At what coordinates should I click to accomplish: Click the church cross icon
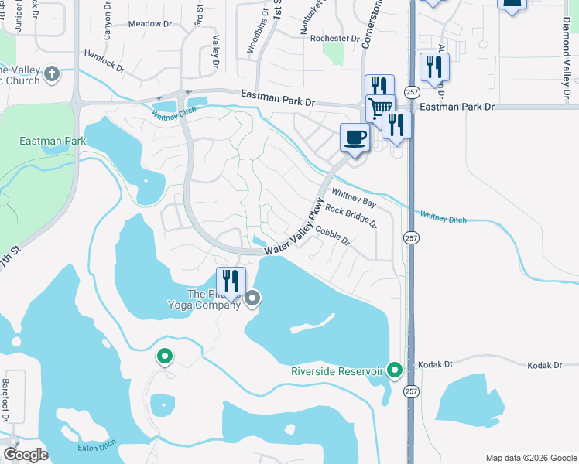point(52,74)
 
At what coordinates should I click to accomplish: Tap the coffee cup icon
point(355,138)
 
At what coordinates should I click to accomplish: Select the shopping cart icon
point(379,107)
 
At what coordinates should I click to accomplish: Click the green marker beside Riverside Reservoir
point(396,371)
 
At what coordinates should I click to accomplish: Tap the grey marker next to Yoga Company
point(253,299)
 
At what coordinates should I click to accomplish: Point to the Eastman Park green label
point(53,142)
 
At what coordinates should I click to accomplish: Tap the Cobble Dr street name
point(333,235)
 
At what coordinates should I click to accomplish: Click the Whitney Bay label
point(353,197)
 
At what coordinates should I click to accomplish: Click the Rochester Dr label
point(334,38)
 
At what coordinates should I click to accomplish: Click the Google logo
point(26,455)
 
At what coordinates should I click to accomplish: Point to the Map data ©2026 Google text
point(530,458)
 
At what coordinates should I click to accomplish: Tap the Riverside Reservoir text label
point(337,371)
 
